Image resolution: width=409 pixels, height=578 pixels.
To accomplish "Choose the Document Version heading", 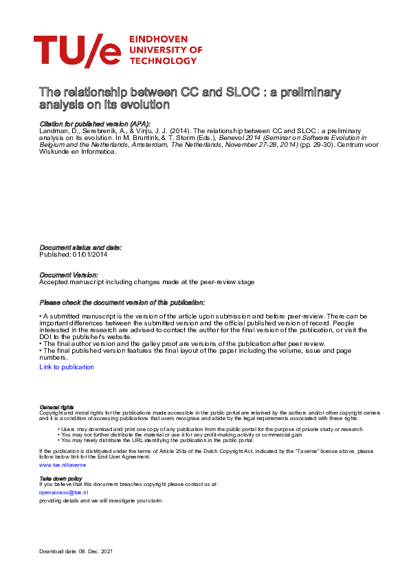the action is point(69,274).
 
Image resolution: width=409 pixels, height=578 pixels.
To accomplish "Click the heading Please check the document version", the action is point(122,302).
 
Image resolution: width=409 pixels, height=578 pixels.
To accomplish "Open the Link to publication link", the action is point(67,367).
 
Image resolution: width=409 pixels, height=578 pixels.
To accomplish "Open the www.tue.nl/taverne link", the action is point(63,465).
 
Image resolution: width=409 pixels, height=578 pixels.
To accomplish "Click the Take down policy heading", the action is point(60,478).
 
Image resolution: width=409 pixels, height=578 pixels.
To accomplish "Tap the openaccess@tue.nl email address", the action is point(63,492).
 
